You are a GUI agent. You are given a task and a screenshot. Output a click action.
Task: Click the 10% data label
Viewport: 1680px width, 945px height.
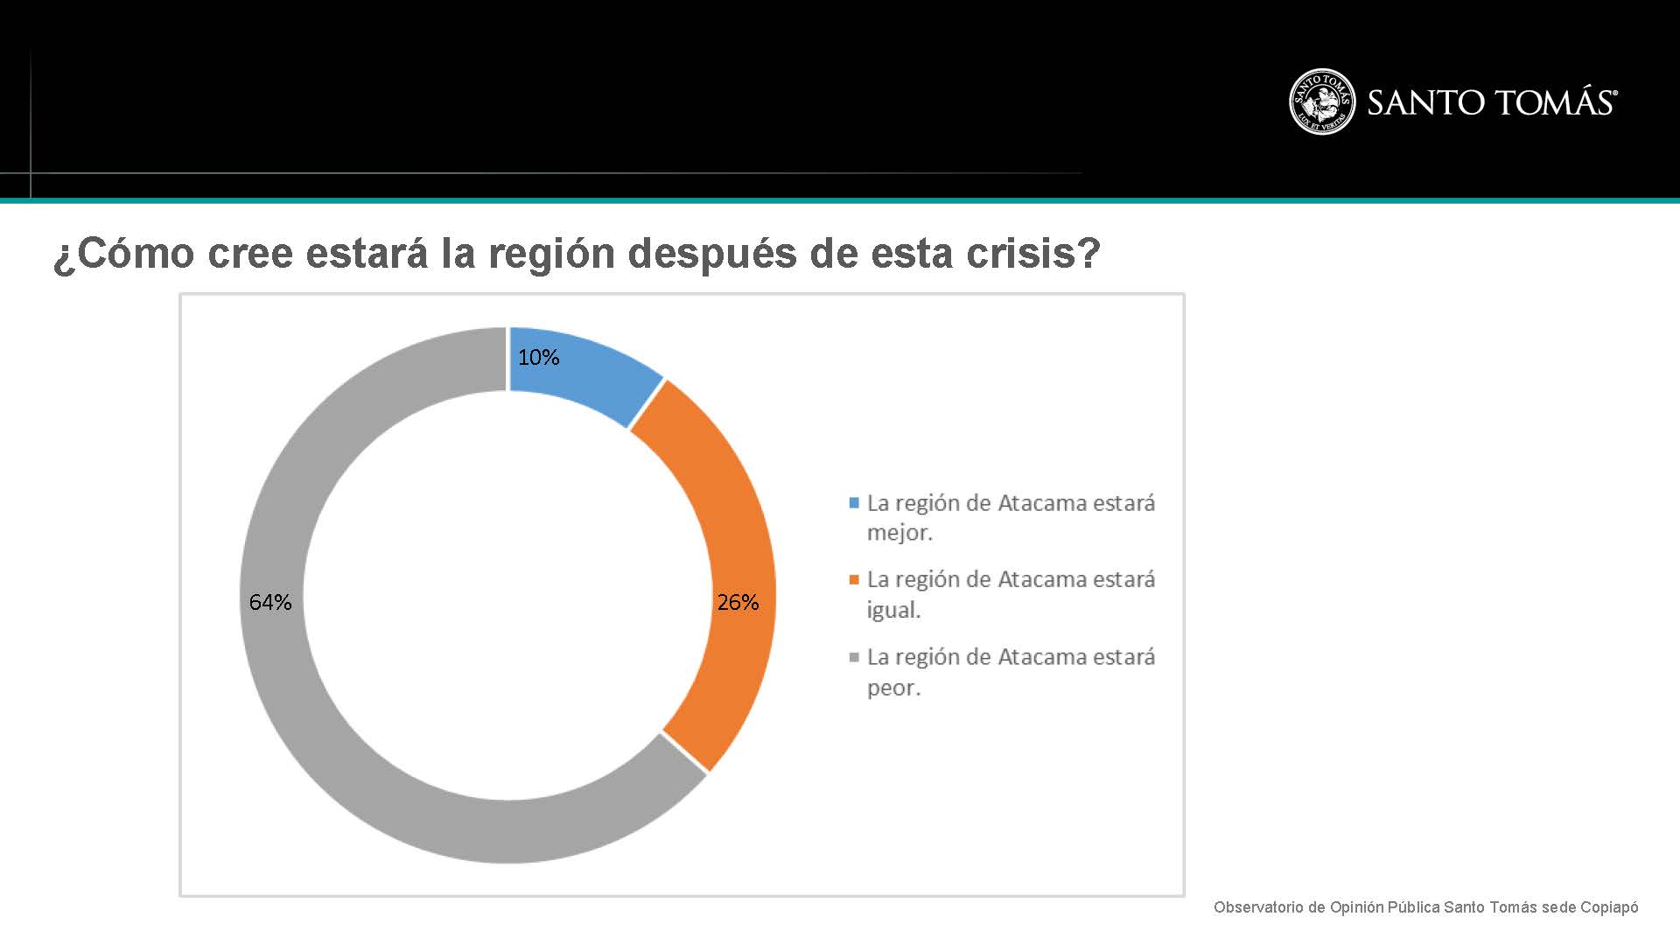(x=538, y=357)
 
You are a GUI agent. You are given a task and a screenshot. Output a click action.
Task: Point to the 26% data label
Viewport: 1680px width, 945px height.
(x=738, y=602)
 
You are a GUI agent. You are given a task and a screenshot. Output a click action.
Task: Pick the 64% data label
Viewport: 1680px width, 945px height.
(x=270, y=602)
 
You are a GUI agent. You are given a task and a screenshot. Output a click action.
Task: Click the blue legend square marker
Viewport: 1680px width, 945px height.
(x=854, y=503)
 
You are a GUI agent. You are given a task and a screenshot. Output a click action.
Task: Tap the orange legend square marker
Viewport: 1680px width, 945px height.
(x=854, y=579)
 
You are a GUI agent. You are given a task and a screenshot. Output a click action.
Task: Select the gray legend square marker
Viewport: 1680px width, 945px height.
(x=854, y=657)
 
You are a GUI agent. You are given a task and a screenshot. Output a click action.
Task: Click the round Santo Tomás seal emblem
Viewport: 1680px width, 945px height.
(x=1322, y=101)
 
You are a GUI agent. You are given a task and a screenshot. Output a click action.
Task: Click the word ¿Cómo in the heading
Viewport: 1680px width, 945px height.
(x=123, y=254)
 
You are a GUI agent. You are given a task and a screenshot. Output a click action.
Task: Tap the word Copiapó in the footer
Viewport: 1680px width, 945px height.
(x=1609, y=907)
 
